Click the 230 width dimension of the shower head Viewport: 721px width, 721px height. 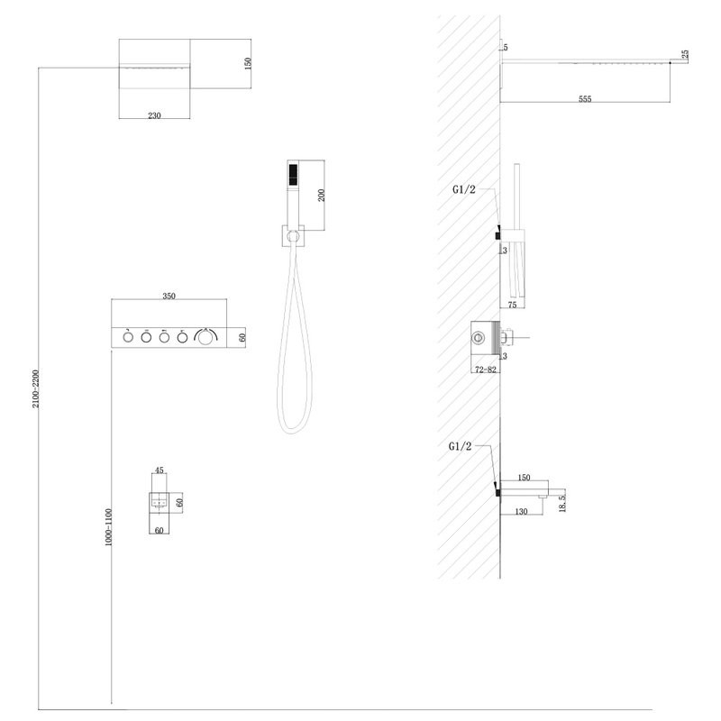tap(154, 115)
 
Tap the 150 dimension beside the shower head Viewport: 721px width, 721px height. tap(248, 63)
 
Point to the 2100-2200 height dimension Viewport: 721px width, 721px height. tap(36, 388)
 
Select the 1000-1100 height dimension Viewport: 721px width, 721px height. tap(108, 527)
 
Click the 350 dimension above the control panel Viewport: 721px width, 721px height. tap(169, 297)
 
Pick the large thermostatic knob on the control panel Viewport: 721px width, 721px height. tap(205, 337)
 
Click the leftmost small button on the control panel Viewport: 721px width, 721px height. tap(128, 337)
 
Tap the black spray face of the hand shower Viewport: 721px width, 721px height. tap(292, 175)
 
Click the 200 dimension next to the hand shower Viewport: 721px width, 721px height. tap(322, 195)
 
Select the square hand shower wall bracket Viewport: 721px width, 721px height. tap(293, 236)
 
